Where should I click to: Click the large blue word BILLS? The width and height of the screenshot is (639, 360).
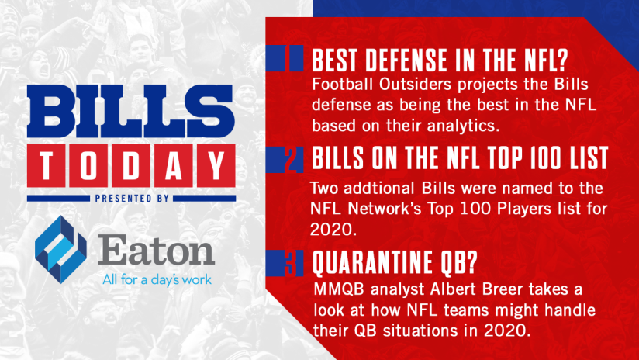point(131,111)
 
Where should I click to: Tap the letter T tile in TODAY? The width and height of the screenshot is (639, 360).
point(47,165)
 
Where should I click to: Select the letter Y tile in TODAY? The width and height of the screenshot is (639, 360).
point(216,165)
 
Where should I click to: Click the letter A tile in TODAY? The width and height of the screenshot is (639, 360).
point(174,165)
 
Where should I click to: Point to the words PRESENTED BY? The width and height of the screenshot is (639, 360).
point(132,199)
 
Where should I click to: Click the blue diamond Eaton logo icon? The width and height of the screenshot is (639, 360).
point(60,249)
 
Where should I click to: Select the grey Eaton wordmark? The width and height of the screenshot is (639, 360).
point(156,250)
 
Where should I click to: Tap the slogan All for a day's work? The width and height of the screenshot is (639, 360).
point(157,279)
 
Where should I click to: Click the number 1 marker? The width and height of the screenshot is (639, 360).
point(286,58)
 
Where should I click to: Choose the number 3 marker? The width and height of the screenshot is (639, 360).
point(289,263)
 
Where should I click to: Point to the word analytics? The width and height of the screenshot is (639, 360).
point(463,126)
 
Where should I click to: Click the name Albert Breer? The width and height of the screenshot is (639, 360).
point(476,289)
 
